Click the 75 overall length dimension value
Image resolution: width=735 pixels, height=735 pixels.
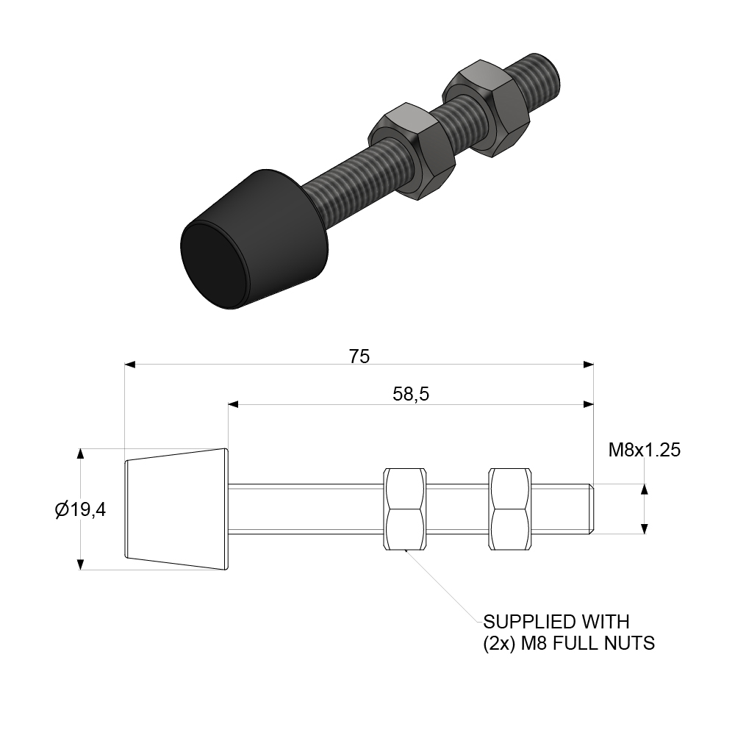(x=359, y=356)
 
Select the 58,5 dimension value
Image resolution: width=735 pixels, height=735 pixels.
(x=411, y=395)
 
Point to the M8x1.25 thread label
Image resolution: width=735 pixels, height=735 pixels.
(x=644, y=450)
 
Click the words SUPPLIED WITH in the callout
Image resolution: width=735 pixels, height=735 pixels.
(x=556, y=623)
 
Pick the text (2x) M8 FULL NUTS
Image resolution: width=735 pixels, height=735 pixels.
(x=568, y=644)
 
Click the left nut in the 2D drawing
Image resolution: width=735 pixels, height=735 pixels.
(x=404, y=509)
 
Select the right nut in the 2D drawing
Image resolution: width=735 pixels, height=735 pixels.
(x=510, y=509)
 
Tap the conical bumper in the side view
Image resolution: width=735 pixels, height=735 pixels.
(x=176, y=509)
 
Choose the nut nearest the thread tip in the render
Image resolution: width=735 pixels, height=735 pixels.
(x=485, y=110)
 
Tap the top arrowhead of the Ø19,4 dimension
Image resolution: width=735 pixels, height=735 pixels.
(x=80, y=453)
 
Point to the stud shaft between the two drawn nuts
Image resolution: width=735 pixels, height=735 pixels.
(x=457, y=509)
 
